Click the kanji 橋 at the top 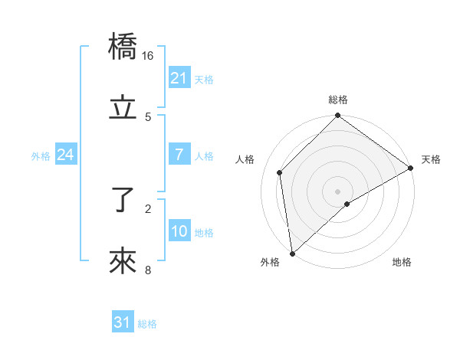point(123,48)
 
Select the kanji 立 point(123,108)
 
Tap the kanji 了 point(123,201)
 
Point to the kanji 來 point(123,262)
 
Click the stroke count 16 point(148,56)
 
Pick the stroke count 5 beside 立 point(148,116)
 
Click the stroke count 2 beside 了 point(148,208)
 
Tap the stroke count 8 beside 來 point(148,270)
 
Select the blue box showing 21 point(179,78)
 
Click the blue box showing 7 point(179,155)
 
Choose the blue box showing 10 point(179,231)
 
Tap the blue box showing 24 point(65,155)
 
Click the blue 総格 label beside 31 point(147,324)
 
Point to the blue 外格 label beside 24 point(41,156)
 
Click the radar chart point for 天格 point(411,169)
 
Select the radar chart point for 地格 point(347,204)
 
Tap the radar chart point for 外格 point(291,254)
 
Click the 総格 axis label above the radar point(338,100)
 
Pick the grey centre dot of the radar point(337,191)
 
